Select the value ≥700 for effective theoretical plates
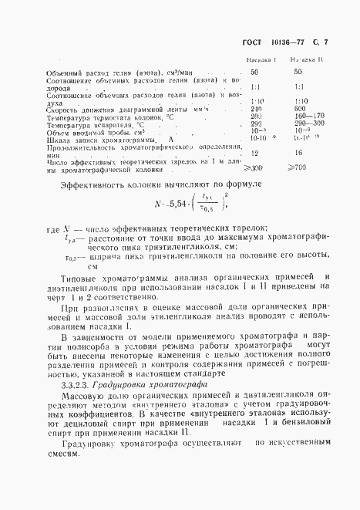click(298, 167)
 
